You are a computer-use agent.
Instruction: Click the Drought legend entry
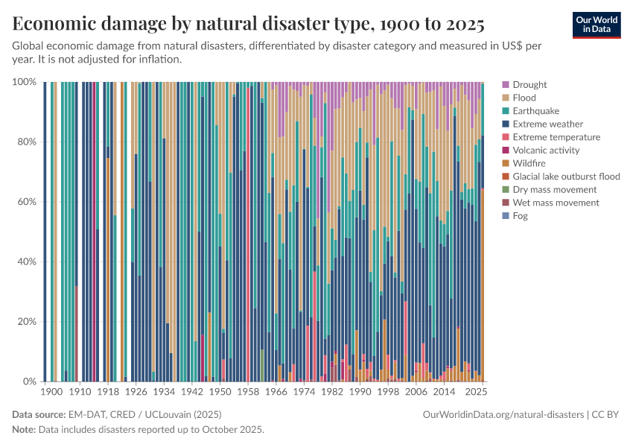529,85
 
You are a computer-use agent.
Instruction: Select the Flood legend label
524,98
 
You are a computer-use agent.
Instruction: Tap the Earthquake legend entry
535,111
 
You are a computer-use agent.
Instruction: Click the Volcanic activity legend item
546,150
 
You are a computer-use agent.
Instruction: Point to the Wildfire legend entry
527,163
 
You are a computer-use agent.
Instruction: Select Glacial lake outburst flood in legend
566,177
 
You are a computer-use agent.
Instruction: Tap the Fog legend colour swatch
506,216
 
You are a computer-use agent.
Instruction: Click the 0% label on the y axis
29,382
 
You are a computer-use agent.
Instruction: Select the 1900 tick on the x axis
51,391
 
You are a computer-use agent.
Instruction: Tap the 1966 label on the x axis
276,391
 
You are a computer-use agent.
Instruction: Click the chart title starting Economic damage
249,24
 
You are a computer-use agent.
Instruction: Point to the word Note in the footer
24,430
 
